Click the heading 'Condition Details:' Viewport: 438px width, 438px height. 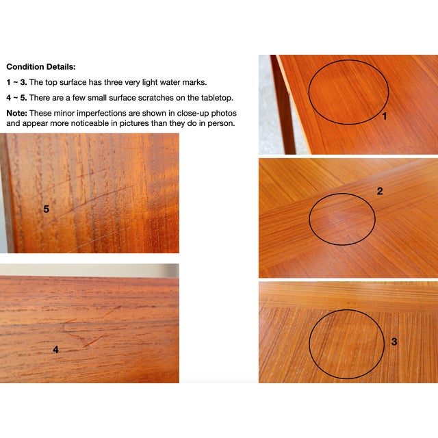click(41, 67)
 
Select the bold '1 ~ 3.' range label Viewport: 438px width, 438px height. click(16, 82)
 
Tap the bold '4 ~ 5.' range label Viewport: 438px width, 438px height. click(16, 98)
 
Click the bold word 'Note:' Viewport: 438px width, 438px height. click(16, 113)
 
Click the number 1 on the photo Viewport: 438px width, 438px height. click(384, 116)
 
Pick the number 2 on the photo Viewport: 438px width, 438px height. click(380, 192)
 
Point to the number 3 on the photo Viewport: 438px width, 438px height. click(394, 341)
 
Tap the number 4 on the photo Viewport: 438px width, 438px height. click(55, 350)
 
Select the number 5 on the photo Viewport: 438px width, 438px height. click(47, 209)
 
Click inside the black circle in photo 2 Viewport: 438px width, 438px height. click(342, 219)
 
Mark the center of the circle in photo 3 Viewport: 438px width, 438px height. click(346, 344)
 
